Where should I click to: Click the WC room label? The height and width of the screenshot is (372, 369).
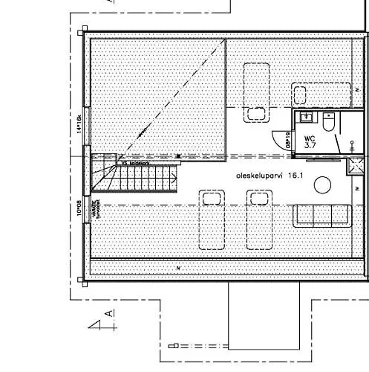coord(310,138)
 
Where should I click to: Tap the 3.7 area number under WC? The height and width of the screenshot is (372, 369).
coord(310,146)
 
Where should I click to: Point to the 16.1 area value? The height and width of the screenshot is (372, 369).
coord(297,176)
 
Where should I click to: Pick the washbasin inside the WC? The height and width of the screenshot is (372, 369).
coord(305,118)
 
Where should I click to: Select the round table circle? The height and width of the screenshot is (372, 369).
coord(322,184)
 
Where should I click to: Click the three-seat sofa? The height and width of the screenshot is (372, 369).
coord(322,215)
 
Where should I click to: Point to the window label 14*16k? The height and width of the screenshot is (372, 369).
coord(78,127)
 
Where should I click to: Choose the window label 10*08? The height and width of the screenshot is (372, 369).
coord(78,207)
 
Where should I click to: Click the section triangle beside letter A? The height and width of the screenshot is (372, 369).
coord(97,324)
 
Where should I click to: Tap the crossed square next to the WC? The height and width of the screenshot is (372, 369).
coord(355,167)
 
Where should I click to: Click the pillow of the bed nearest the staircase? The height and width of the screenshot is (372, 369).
coord(212,197)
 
